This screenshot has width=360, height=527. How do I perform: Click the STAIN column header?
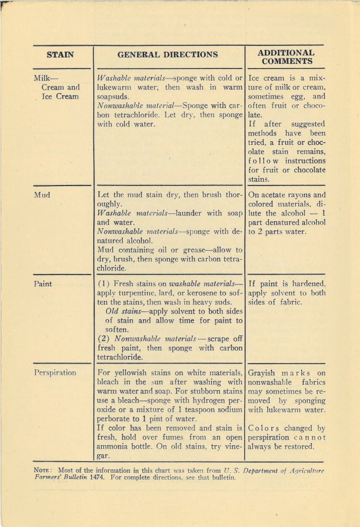[x=60, y=54]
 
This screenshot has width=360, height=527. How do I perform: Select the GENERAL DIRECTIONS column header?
[x=168, y=54]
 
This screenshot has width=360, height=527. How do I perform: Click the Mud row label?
[x=42, y=194]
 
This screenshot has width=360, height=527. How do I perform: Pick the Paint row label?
[x=43, y=283]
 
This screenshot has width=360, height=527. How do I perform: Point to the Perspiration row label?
[x=55, y=373]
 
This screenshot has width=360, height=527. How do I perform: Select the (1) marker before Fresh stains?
[x=104, y=284]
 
